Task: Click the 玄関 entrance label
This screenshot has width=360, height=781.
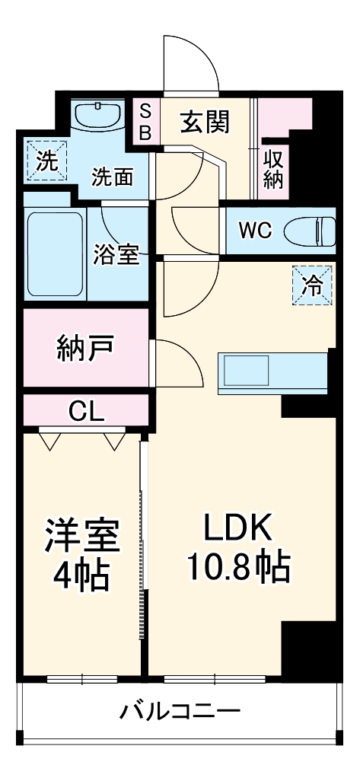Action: pos(205,121)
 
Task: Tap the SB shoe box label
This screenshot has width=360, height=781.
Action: pos(145,122)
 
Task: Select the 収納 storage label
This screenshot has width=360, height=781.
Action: pos(275,169)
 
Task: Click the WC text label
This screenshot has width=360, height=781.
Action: pos(254,230)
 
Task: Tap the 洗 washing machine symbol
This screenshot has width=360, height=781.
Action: pos(46,160)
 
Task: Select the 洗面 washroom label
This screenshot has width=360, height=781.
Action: pos(113,177)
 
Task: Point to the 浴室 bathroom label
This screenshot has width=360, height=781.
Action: pos(117,253)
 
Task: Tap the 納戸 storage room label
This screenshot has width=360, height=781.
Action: pos(86,347)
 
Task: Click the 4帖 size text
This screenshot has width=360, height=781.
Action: pos(82,575)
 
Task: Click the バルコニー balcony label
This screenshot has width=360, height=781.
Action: pos(180,712)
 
